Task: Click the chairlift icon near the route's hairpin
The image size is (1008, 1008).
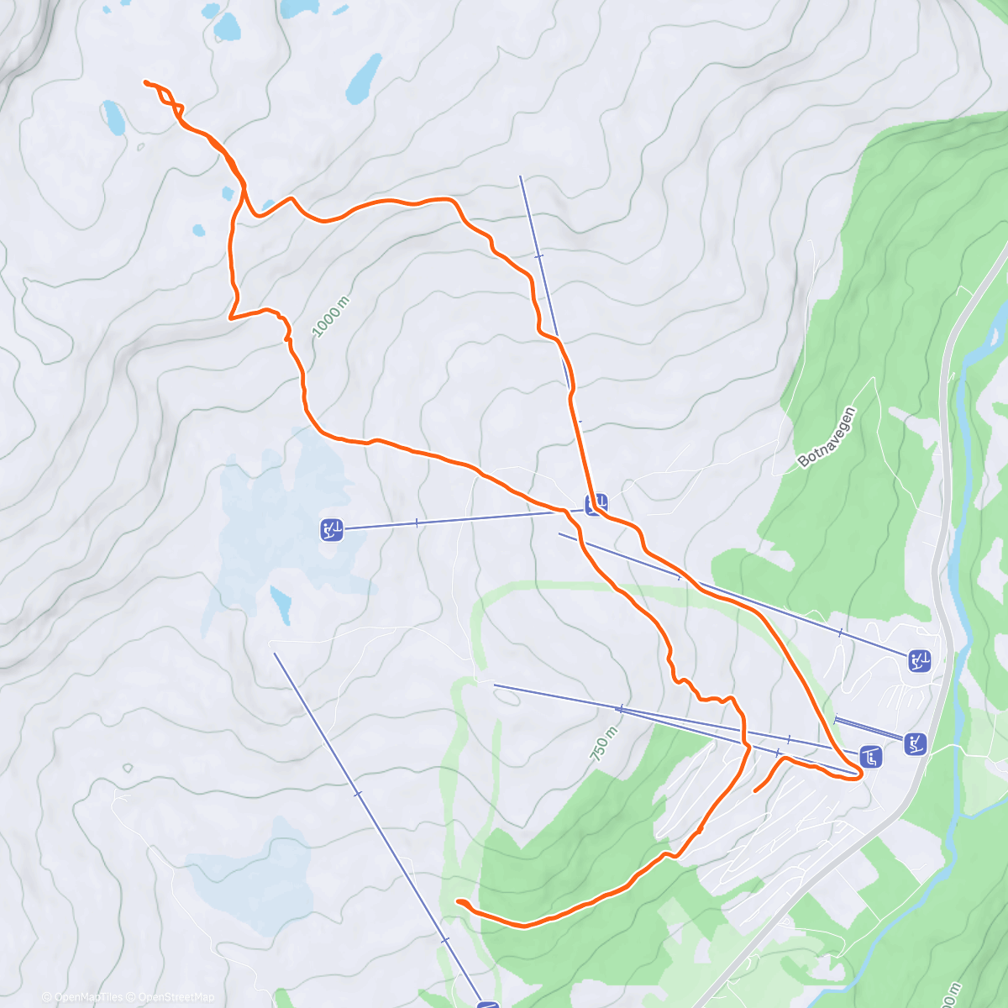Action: [873, 758]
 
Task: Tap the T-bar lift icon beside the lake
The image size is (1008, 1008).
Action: [332, 530]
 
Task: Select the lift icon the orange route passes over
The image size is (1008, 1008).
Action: [596, 505]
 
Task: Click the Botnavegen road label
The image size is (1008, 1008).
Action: [827, 437]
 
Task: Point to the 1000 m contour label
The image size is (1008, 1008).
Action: [330, 318]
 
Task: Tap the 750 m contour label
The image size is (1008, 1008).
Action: [604, 744]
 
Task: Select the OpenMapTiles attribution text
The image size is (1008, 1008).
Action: [88, 997]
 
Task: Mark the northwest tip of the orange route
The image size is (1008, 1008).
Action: [146, 82]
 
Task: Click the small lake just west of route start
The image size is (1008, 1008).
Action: [114, 118]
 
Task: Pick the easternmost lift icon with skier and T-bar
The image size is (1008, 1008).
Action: [920, 661]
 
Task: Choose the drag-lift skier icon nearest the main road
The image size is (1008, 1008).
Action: [916, 743]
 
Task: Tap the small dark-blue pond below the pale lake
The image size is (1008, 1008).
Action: [281, 603]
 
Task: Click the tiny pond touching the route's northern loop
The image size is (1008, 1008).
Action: [228, 193]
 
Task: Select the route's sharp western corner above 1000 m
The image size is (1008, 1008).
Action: [230, 318]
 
